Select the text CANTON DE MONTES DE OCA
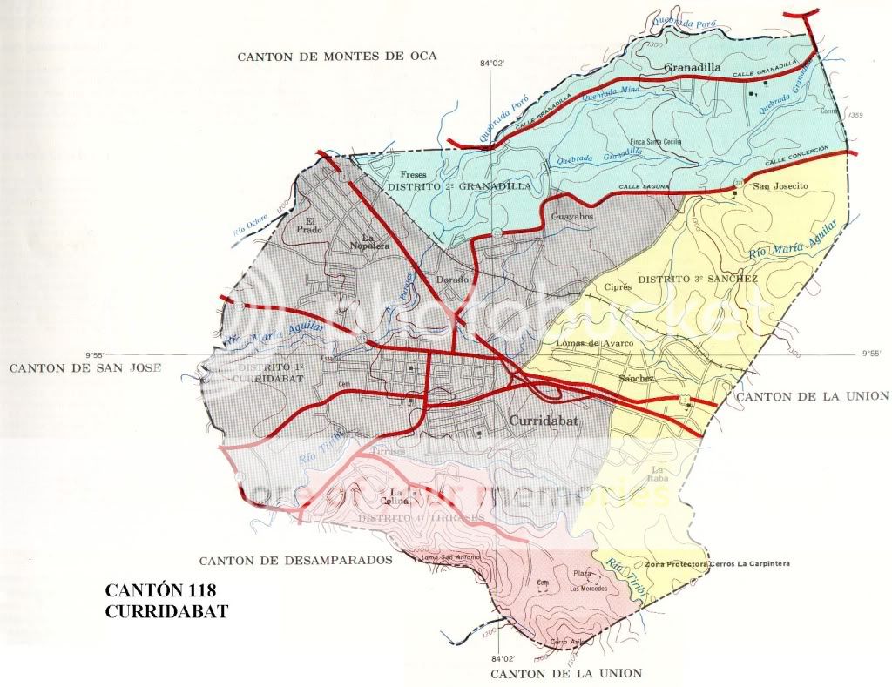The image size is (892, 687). (x=336, y=56)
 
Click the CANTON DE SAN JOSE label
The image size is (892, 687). (x=85, y=368)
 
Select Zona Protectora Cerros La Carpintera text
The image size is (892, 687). (x=717, y=564)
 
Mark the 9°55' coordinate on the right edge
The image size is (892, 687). (x=870, y=354)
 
